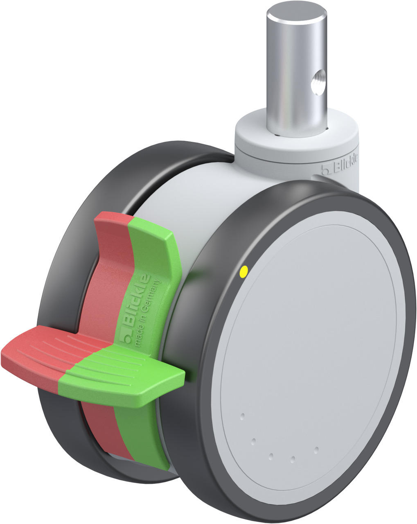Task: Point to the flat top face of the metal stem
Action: tap(297, 12)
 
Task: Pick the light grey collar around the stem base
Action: tap(297, 139)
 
